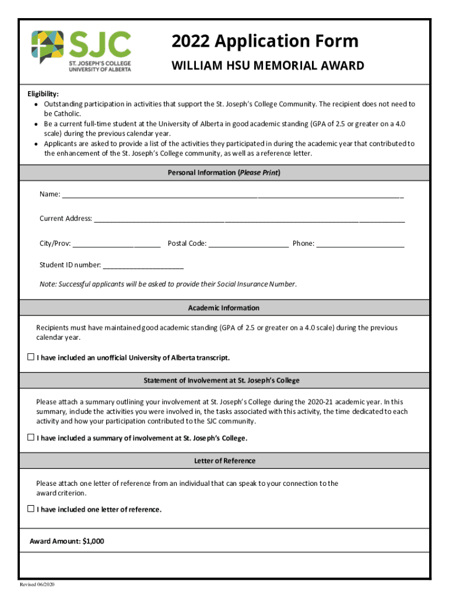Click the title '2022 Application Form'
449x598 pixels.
click(x=265, y=41)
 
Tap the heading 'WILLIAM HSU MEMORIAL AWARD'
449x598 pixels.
click(x=268, y=65)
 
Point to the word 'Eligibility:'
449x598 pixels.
click(x=43, y=94)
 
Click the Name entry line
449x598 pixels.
click(x=233, y=195)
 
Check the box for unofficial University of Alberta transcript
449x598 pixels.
click(x=31, y=357)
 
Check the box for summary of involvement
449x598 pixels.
click(x=31, y=437)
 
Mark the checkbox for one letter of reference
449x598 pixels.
click(x=31, y=509)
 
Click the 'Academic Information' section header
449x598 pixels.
click(x=224, y=308)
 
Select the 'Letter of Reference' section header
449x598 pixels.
click(x=224, y=461)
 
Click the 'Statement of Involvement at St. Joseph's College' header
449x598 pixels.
click(x=222, y=381)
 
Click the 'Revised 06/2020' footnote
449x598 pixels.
click(x=37, y=585)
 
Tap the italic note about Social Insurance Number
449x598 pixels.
click(x=168, y=284)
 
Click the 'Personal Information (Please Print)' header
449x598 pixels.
click(x=224, y=173)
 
